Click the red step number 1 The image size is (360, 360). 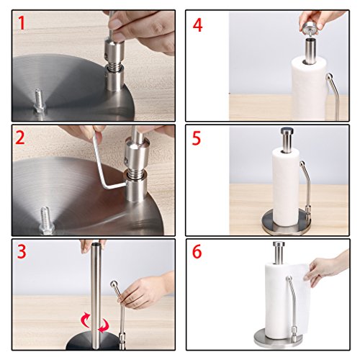21,23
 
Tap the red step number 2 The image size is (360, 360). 20,138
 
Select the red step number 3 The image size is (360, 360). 21,251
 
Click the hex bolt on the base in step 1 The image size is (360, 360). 40,102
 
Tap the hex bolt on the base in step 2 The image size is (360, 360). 47,221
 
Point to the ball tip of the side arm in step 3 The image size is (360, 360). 114,284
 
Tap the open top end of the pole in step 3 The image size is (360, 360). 96,245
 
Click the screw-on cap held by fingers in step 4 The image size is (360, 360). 309,29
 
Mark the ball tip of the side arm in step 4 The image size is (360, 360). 329,76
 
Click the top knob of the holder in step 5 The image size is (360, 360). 286,132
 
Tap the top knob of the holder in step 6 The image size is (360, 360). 279,245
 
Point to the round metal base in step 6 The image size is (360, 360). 279,338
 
